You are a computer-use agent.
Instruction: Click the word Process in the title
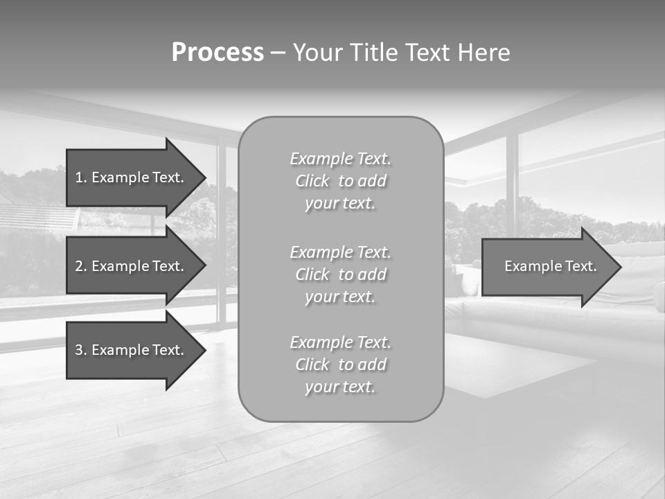[218, 53]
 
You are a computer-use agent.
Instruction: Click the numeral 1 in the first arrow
[79, 177]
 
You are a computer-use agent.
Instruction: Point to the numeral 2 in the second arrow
[79, 266]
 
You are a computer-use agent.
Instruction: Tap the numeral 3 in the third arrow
[79, 350]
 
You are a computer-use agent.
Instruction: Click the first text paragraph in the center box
[340, 181]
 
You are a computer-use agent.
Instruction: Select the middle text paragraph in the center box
[340, 274]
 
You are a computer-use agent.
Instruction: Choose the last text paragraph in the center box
[340, 365]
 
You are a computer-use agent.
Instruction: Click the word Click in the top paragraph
[312, 181]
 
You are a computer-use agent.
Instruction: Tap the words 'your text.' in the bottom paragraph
[340, 387]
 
